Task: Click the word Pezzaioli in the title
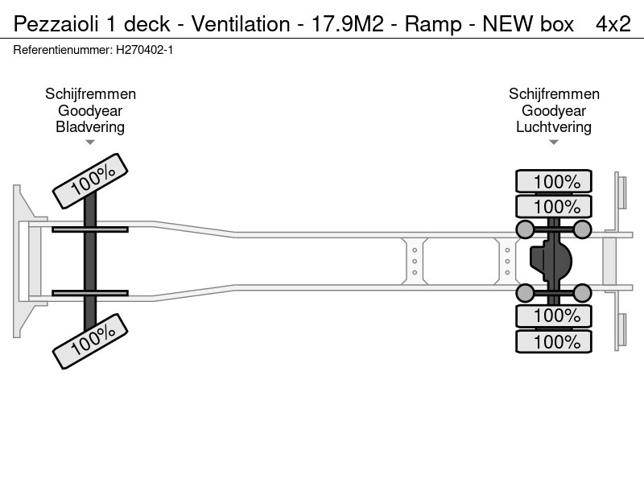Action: click(54, 24)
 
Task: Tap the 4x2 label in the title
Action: click(613, 24)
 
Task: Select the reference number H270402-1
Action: click(143, 50)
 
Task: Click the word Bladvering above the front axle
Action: click(90, 126)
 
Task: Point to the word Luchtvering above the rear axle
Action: click(554, 126)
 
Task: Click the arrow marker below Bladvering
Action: click(90, 142)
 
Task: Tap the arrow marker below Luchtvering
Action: click(554, 142)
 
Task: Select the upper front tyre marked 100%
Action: click(90, 180)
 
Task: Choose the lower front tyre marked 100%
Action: click(90, 341)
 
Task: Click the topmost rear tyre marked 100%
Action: click(554, 182)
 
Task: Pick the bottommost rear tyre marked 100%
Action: click(554, 341)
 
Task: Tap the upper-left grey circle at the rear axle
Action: click(525, 230)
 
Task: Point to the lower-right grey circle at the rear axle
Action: click(582, 292)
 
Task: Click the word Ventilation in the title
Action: click(240, 24)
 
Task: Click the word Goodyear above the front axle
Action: click(90, 111)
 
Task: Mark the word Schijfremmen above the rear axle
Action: click(554, 94)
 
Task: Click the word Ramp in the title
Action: click(432, 24)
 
